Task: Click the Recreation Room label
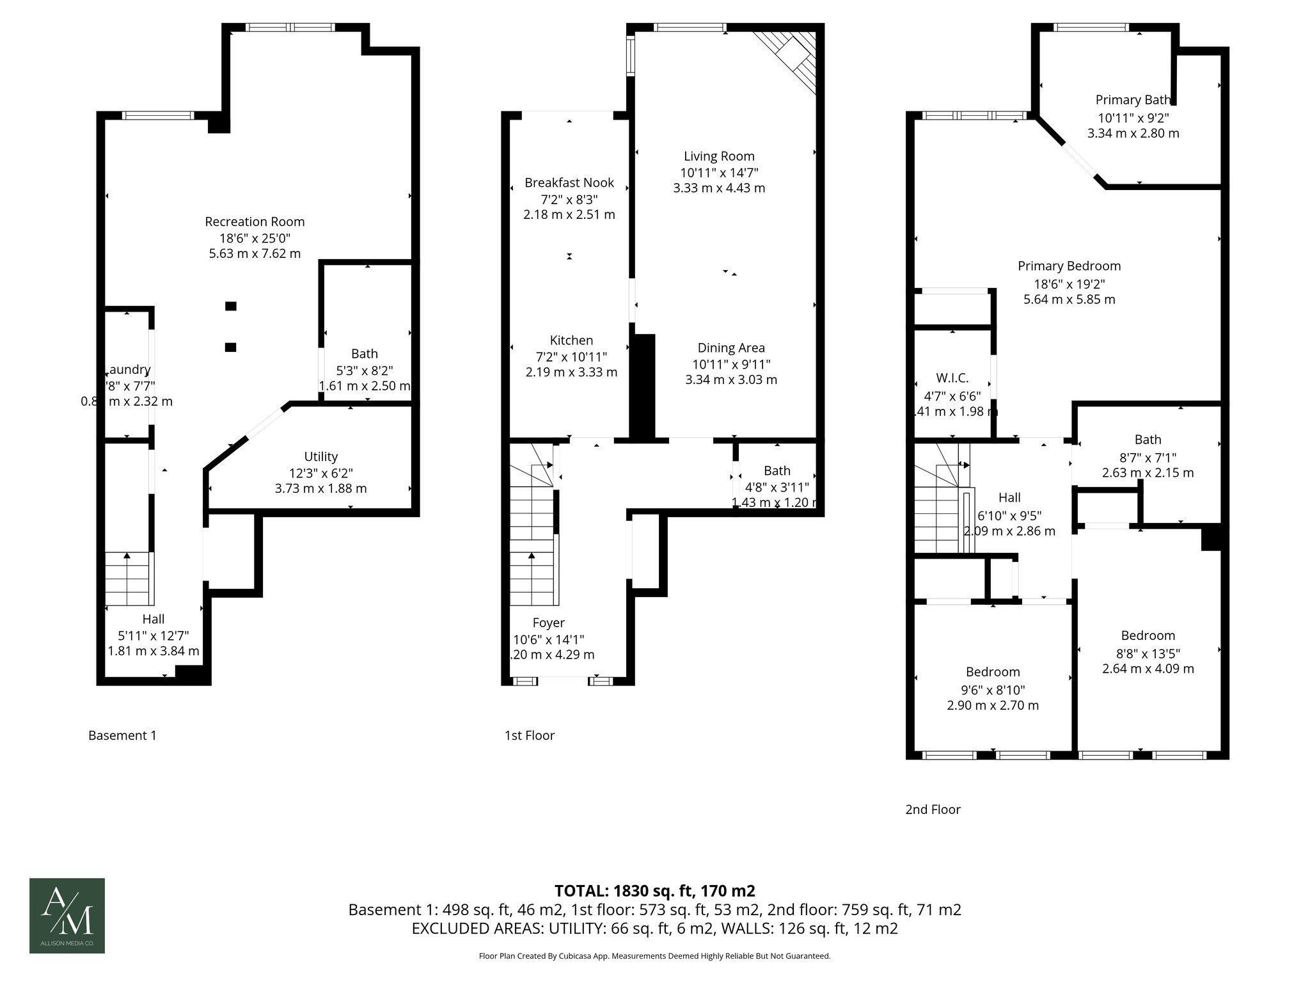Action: pyautogui.click(x=255, y=222)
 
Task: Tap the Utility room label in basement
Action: pyautogui.click(x=320, y=457)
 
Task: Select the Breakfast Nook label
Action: pyautogui.click(x=569, y=183)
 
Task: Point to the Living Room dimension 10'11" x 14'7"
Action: pyautogui.click(x=719, y=172)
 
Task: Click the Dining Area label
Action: pyautogui.click(x=731, y=348)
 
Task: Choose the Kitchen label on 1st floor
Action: pyautogui.click(x=571, y=340)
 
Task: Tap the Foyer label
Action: pyautogui.click(x=548, y=623)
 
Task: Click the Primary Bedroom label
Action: pyautogui.click(x=1069, y=266)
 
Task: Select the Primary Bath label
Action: pyautogui.click(x=1133, y=100)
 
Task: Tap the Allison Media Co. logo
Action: pyautogui.click(x=67, y=916)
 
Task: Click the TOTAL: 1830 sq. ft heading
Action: pyautogui.click(x=654, y=891)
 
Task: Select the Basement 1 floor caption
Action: pyautogui.click(x=122, y=735)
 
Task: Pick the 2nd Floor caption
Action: pyautogui.click(x=933, y=810)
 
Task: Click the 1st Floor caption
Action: pyautogui.click(x=529, y=735)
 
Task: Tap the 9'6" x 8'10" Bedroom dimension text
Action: pyautogui.click(x=993, y=690)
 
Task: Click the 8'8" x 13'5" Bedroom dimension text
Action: pyautogui.click(x=1148, y=653)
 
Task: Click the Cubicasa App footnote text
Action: pyautogui.click(x=654, y=956)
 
